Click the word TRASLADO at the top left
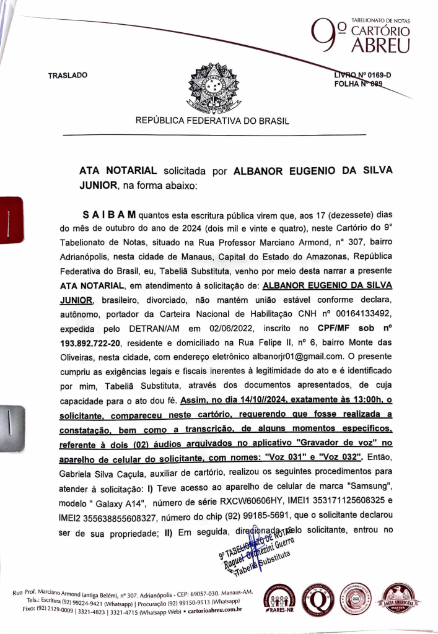pyautogui.click(x=68, y=76)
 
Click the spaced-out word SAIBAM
pyautogui.click(x=109, y=215)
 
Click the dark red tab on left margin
pyautogui.click(x=11, y=224)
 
